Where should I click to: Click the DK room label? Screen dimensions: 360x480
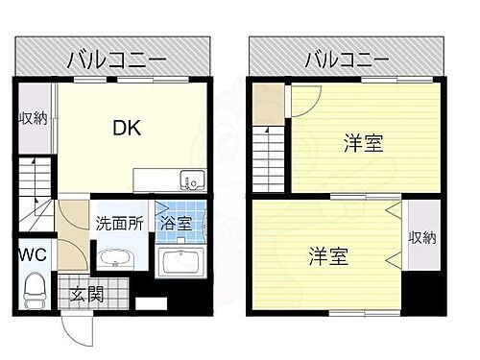[129, 128]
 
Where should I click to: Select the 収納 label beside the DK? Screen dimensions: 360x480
[35, 120]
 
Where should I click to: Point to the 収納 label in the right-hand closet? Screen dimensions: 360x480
[419, 237]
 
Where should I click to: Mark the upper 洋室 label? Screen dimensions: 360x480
[364, 145]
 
